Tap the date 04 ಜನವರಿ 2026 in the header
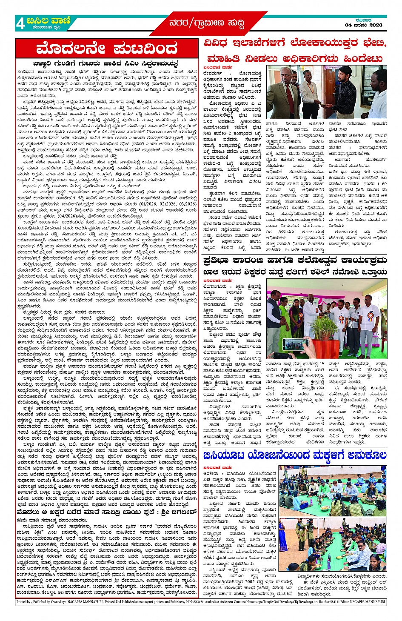pyautogui.click(x=363, y=25)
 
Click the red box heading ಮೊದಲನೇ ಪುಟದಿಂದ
pyautogui.click(x=107, y=48)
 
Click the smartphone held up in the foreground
pyautogui.click(x=295, y=343)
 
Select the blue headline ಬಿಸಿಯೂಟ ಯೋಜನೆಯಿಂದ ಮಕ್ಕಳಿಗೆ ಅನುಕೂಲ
pyautogui.click(x=294, y=456)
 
